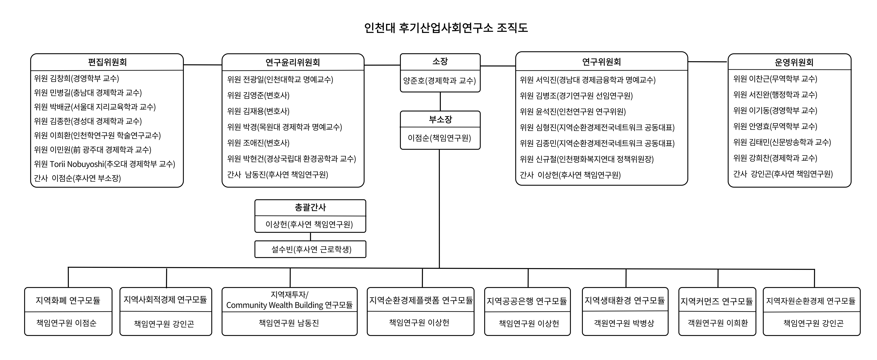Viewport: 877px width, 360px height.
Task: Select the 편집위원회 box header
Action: [107, 62]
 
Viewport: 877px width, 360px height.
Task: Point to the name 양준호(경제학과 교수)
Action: [440, 81]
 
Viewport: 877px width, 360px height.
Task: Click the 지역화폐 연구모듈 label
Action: [68, 300]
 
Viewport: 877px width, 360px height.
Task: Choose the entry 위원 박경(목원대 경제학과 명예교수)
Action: [284, 127]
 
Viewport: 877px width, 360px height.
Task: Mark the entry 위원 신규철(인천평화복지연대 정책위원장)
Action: [586, 159]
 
